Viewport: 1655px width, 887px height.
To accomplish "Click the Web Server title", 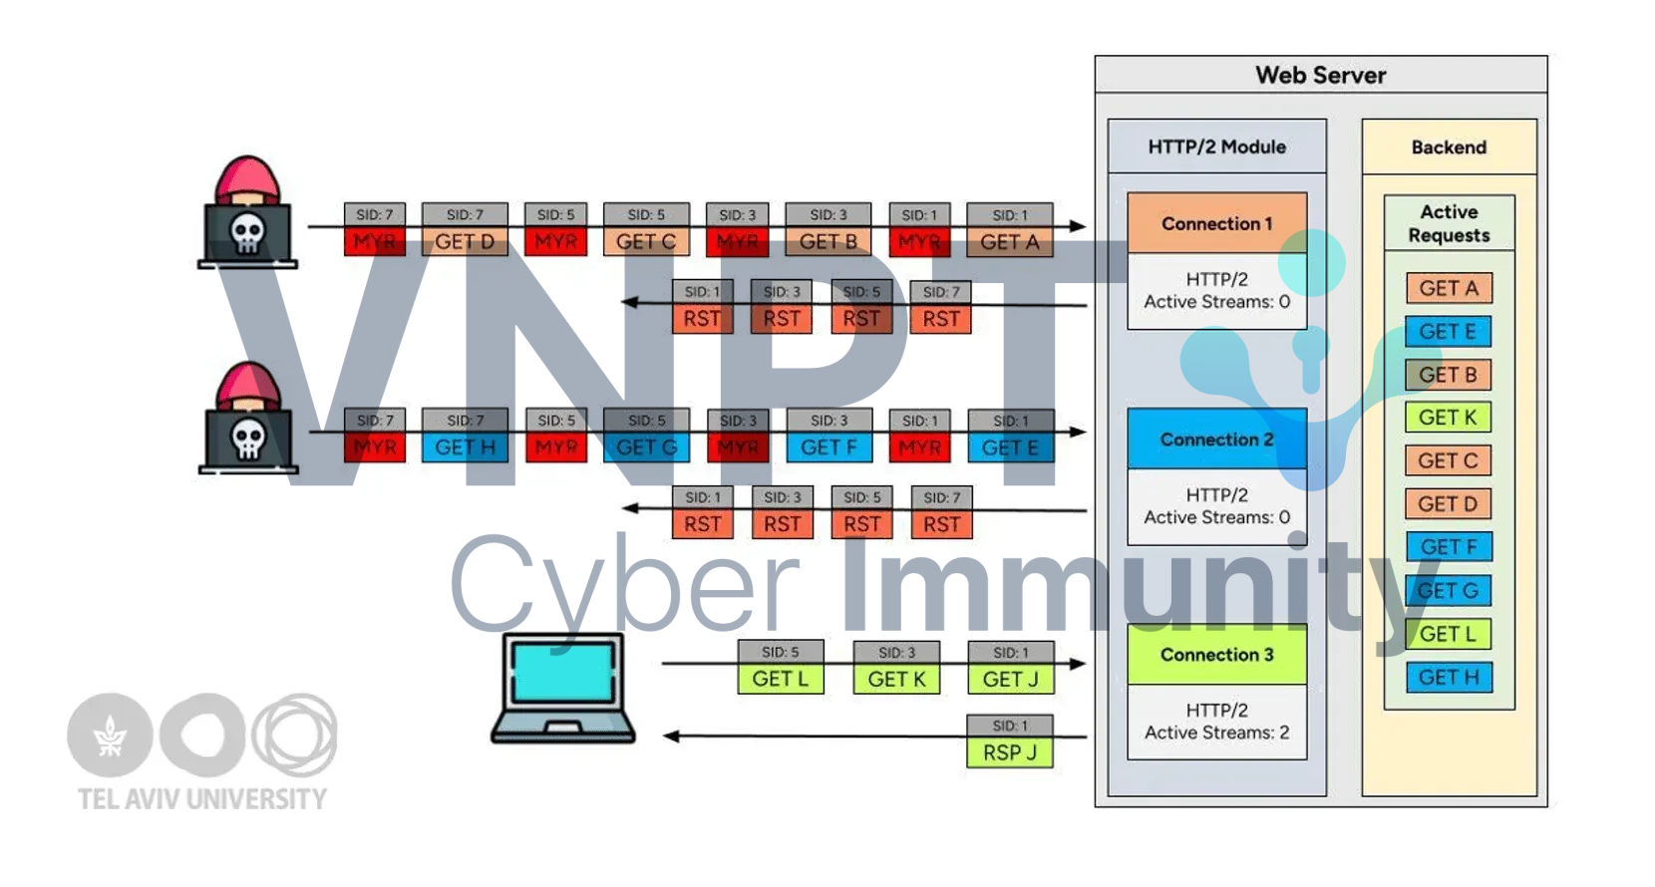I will (1320, 76).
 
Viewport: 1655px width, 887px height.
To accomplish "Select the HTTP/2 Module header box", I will (1216, 147).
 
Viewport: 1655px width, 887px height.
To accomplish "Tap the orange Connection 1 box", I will (1216, 223).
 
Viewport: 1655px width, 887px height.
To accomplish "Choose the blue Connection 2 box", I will (1216, 440).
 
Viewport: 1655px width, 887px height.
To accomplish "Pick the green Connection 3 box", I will (1216, 655).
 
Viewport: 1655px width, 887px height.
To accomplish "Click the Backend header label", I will (1449, 148).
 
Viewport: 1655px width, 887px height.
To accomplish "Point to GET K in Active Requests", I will (1448, 418).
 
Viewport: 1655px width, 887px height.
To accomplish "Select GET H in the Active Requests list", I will (1449, 678).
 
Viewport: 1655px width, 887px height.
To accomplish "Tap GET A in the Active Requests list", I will (1449, 288).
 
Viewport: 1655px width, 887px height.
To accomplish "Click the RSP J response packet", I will (1010, 752).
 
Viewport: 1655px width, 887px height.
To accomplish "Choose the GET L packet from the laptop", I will (781, 679).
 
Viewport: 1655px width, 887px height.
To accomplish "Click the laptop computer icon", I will (563, 688).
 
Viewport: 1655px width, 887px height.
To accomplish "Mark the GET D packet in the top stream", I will (465, 242).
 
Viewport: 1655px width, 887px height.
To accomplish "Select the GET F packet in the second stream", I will (828, 447).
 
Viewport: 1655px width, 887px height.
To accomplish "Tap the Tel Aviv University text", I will (202, 799).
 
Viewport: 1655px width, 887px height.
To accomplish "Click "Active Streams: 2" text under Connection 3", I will (1216, 733).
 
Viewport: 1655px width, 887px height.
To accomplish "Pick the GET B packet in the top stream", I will (827, 242).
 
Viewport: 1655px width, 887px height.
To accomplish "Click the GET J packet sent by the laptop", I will (1010, 679).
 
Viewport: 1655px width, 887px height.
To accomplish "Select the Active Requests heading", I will (1449, 223).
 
